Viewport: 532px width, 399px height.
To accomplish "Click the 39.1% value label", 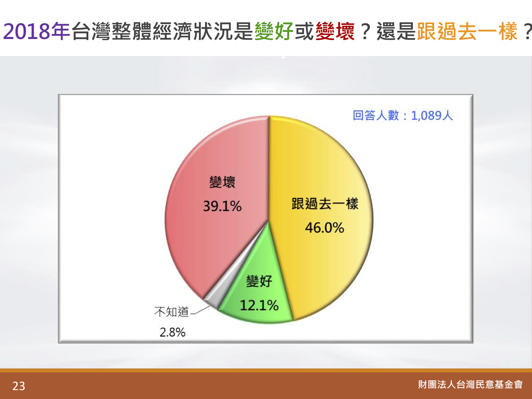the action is (222, 206).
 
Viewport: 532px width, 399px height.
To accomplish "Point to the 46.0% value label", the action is (325, 228).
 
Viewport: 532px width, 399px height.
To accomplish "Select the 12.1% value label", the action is (259, 305).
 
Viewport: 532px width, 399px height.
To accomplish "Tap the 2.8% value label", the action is (172, 332).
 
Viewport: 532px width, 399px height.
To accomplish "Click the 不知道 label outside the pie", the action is (171, 311).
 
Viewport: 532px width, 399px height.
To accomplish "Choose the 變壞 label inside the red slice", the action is (222, 182).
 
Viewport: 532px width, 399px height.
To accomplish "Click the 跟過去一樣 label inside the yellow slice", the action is (325, 204).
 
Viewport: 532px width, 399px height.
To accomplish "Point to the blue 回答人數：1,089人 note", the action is (403, 115).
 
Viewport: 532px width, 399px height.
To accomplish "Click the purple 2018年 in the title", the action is (37, 31).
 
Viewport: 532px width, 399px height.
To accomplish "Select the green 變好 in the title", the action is (274, 31).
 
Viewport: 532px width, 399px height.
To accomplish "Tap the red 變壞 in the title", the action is (335, 31).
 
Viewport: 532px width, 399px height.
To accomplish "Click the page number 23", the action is (19, 386).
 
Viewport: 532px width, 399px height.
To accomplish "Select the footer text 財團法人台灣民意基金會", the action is (470, 384).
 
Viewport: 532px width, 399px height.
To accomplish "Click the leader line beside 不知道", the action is (200, 310).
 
